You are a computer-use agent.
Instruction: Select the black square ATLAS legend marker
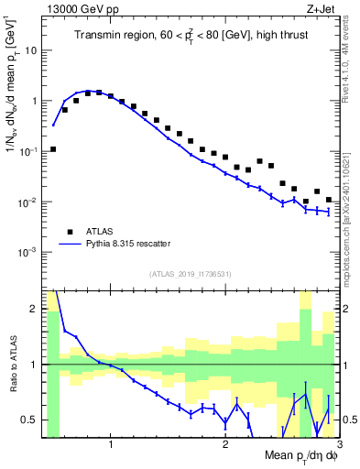pos(69,232)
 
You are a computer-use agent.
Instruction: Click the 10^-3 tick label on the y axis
pos(27,252)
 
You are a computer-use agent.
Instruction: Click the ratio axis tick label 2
pos(33,309)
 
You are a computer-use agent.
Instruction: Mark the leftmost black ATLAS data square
pos(53,148)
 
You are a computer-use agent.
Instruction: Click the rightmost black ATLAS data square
pos(328,200)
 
